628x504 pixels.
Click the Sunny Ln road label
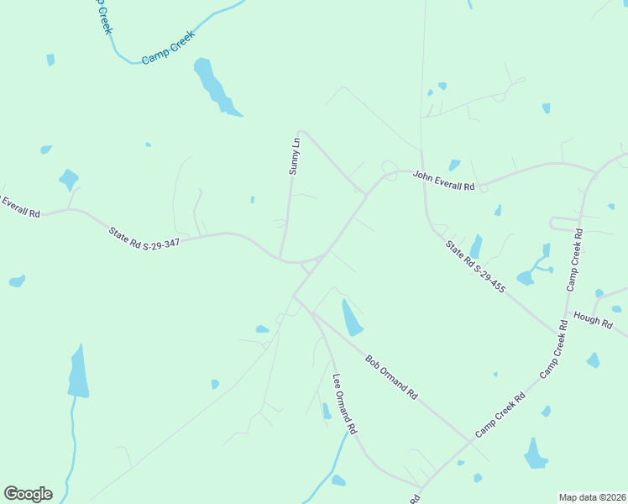point(294,156)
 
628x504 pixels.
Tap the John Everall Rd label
point(443,181)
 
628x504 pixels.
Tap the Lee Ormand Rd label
point(344,404)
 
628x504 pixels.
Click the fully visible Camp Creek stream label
point(168,48)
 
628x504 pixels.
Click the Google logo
point(28,494)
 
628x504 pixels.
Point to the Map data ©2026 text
point(592,497)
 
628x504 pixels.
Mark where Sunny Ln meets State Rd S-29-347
point(280,258)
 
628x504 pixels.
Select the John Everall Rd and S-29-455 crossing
point(422,174)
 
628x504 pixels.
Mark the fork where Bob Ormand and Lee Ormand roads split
point(312,313)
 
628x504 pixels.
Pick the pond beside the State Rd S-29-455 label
point(476,246)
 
